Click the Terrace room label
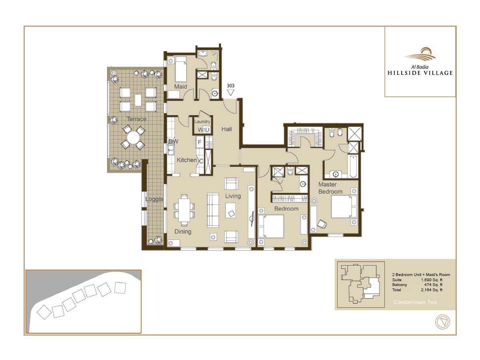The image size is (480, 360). (x=136, y=119)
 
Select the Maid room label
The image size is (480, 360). (x=180, y=87)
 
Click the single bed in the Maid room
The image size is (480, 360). (x=180, y=68)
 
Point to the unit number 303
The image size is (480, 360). (x=230, y=86)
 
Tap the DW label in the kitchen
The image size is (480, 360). (x=173, y=142)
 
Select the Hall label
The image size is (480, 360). (x=226, y=129)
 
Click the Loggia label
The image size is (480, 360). (x=154, y=199)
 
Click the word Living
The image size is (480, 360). (x=233, y=196)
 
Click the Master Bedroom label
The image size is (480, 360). (x=330, y=188)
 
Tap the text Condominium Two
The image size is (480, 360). (x=415, y=302)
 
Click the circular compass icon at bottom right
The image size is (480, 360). (x=442, y=322)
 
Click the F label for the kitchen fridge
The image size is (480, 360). (x=199, y=142)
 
